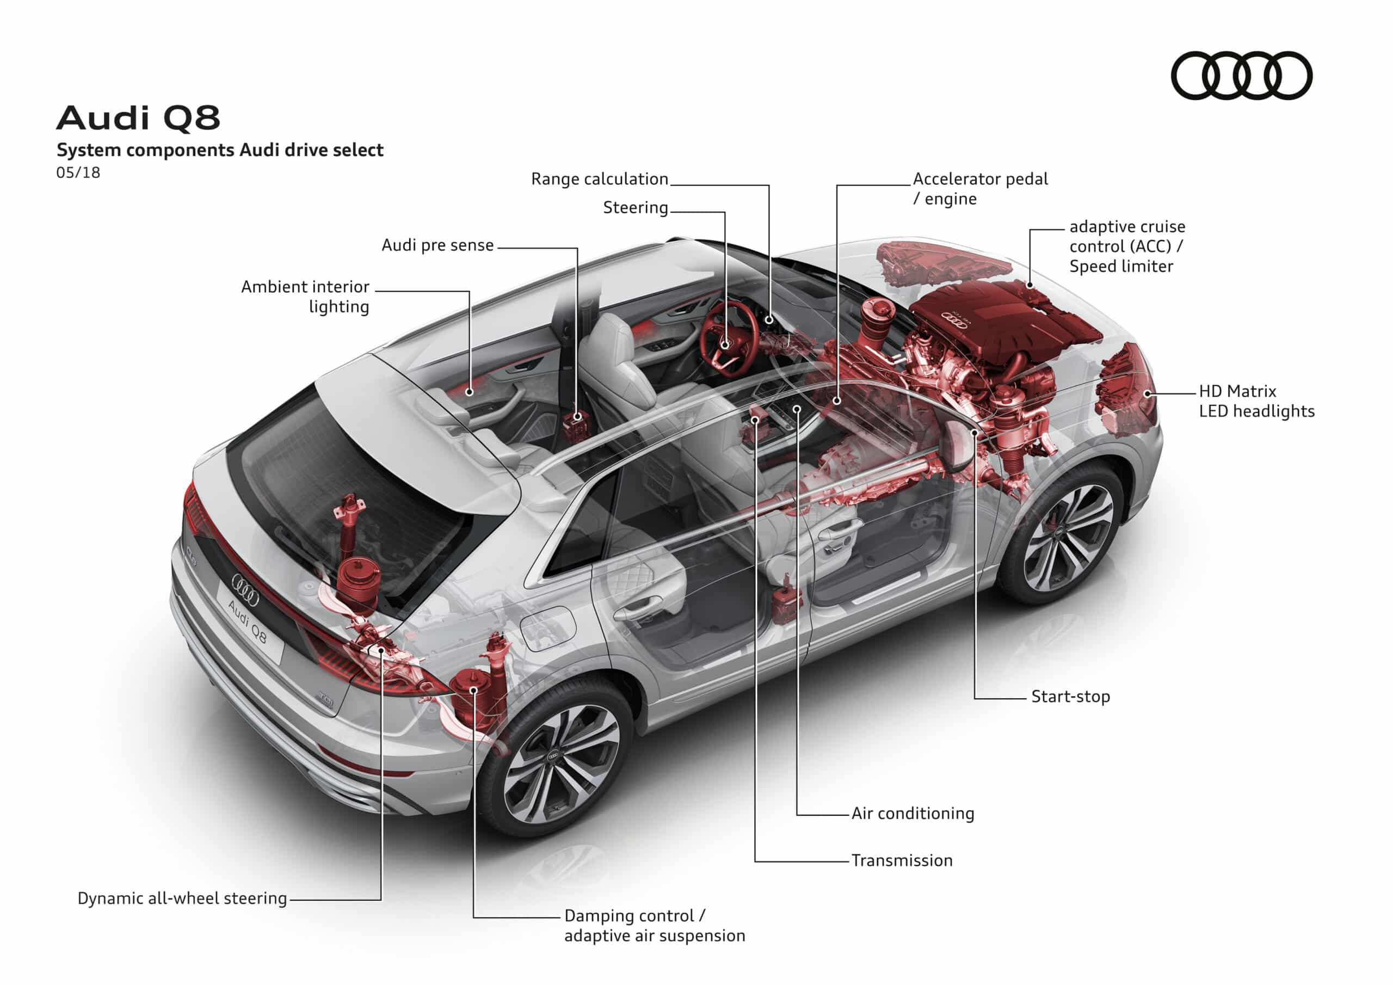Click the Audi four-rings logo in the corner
coord(1241,75)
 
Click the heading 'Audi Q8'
coord(138,118)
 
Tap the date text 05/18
coord(78,173)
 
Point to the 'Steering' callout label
coord(634,207)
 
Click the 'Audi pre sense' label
coord(437,245)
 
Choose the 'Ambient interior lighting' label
coord(305,296)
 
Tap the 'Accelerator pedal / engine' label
coord(980,189)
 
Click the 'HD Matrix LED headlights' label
coord(1256,401)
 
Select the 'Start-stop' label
coord(1070,697)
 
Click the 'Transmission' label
coord(902,860)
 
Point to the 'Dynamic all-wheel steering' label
coord(182,898)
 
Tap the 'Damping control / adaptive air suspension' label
coord(654,926)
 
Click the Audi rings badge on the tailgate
coord(245,589)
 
